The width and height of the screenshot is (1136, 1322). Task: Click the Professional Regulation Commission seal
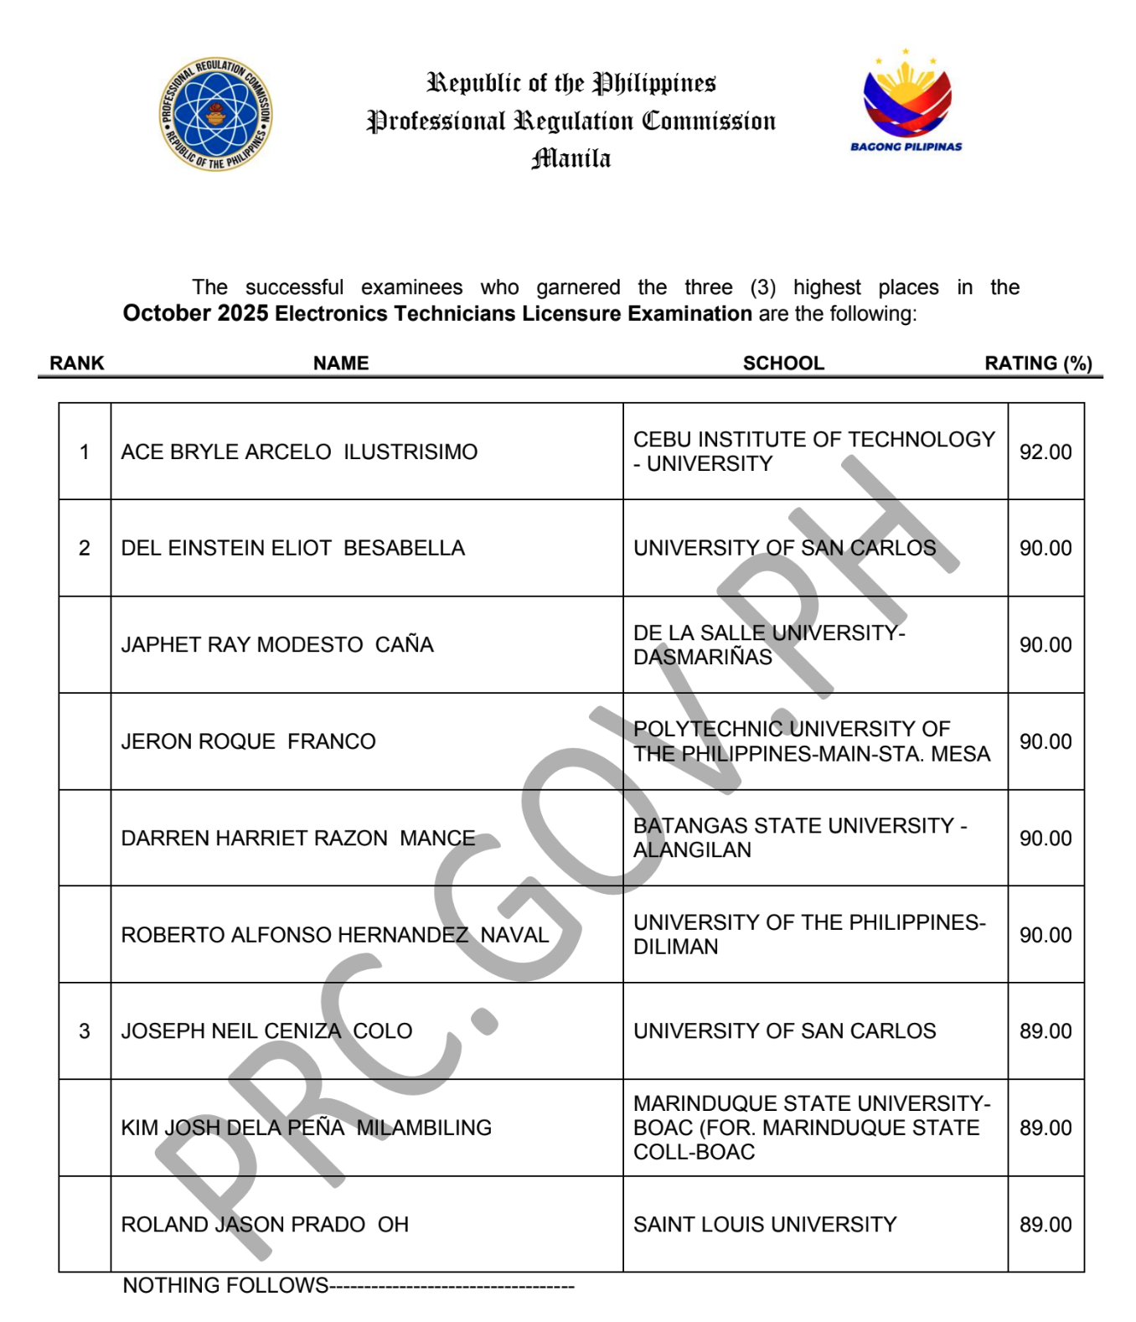[215, 114]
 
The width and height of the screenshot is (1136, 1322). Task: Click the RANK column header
[77, 363]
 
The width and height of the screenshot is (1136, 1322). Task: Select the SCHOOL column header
[783, 363]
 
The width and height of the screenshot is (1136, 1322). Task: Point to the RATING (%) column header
[1038, 363]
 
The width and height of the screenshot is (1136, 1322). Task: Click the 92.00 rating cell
[1045, 452]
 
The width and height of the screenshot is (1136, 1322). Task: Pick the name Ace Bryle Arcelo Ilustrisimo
[299, 452]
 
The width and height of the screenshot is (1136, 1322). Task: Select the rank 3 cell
[85, 1030]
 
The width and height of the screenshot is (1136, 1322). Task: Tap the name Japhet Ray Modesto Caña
[277, 644]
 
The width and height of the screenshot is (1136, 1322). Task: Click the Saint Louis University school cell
[765, 1224]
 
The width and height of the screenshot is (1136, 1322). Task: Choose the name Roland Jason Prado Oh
[265, 1224]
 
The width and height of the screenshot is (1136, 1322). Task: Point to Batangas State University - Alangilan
[800, 837]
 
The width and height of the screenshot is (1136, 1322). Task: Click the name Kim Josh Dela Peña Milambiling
[306, 1128]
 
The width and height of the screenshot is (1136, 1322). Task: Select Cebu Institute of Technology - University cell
[813, 451]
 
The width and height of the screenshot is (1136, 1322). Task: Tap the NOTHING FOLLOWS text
[225, 1285]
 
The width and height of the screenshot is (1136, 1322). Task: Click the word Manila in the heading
[571, 158]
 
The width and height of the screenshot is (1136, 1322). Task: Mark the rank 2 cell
[85, 548]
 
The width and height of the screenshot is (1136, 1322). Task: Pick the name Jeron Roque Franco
[248, 741]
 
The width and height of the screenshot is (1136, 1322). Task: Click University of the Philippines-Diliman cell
[809, 934]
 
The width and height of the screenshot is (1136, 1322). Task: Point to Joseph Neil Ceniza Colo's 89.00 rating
[1045, 1030]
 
